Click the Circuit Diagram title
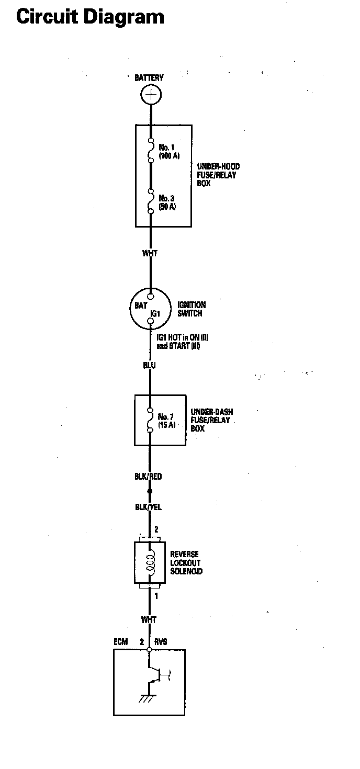pos(90,17)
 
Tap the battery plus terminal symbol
pos(151,95)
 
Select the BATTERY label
pos(149,78)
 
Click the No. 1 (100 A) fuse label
pos(169,152)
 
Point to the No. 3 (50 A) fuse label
pos(167,202)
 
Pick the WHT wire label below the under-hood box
pos(150,254)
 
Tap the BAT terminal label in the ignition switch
pos(141,306)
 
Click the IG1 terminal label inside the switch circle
pos(154,313)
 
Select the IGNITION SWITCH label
pos(192,309)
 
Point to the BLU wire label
pos(149,366)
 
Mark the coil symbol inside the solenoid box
pos(150,562)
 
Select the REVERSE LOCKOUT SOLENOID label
pos(186,563)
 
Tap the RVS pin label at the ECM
pos(161,642)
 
